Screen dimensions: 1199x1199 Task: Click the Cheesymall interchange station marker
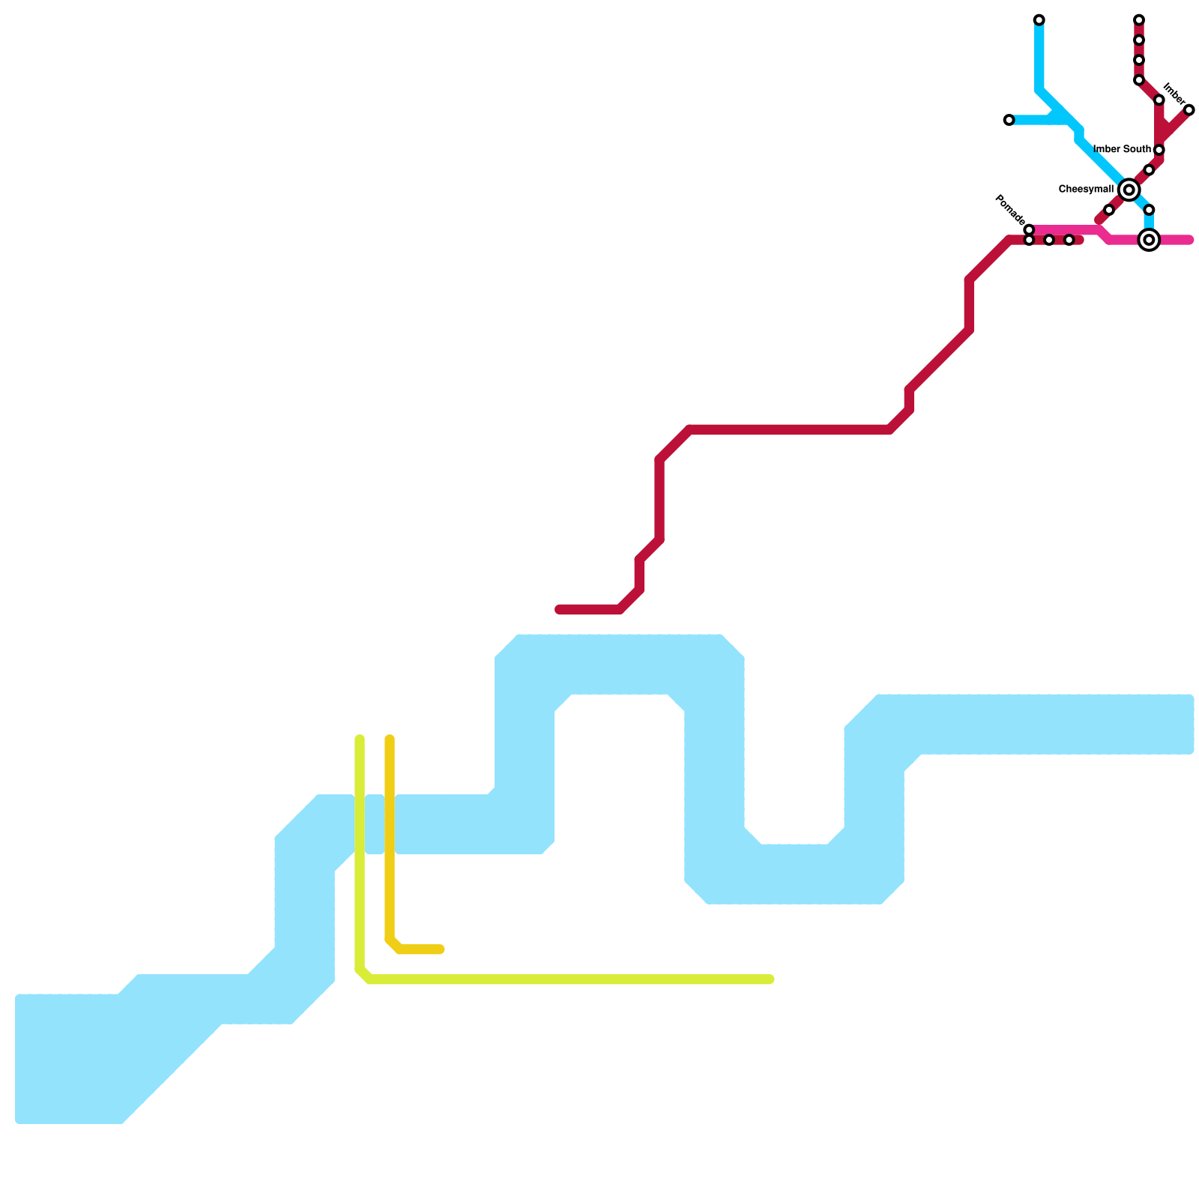tap(1129, 190)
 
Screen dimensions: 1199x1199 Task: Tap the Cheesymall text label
tap(1085, 190)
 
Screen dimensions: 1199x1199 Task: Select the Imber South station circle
tap(1159, 150)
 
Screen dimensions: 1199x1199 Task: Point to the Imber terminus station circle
tap(1189, 110)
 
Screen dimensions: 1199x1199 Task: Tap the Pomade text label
tap(1009, 209)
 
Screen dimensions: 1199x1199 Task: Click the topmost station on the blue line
tap(1039, 19)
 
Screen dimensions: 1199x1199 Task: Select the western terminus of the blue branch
tap(1009, 120)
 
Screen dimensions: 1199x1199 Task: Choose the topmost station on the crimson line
tap(1138, 19)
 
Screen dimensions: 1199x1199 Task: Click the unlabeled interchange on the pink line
tap(1149, 240)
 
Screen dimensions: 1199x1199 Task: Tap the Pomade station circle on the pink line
tap(1029, 230)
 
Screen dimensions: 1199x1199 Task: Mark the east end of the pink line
tap(1189, 240)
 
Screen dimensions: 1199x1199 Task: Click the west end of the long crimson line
tap(559, 610)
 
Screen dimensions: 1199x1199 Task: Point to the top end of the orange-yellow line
tap(390, 740)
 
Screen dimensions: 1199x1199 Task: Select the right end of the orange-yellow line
tap(441, 949)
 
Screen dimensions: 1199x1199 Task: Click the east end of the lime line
tap(770, 979)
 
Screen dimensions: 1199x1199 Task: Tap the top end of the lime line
tap(360, 740)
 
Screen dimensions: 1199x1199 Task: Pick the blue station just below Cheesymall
tap(1149, 210)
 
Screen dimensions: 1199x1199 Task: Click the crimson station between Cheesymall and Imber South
tap(1149, 170)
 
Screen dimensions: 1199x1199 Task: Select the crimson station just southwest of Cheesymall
tap(1108, 211)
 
